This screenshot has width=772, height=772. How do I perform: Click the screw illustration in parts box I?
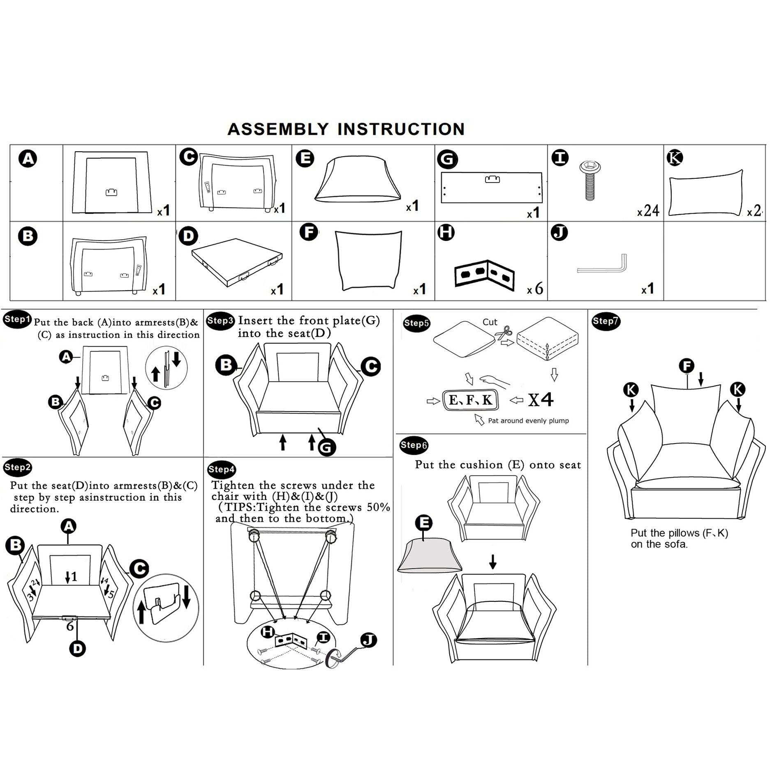click(589, 179)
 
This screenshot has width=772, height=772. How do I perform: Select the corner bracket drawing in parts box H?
click(484, 275)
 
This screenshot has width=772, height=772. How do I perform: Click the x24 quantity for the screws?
click(648, 211)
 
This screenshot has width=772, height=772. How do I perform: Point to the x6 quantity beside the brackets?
click(535, 289)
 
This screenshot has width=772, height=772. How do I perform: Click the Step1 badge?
click(17, 319)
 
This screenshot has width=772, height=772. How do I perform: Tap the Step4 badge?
click(222, 469)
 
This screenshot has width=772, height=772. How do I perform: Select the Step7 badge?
click(606, 321)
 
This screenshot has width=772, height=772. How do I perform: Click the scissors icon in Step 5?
click(504, 332)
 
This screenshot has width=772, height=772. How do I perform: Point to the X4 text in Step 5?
click(541, 400)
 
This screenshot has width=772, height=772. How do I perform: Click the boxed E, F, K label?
click(470, 400)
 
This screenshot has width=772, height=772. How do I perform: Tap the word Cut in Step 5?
click(490, 322)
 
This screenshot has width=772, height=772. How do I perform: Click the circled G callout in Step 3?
click(326, 447)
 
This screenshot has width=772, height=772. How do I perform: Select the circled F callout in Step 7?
click(686, 366)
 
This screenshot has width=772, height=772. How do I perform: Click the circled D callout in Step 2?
click(77, 649)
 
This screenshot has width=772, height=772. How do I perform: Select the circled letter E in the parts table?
click(305, 159)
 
